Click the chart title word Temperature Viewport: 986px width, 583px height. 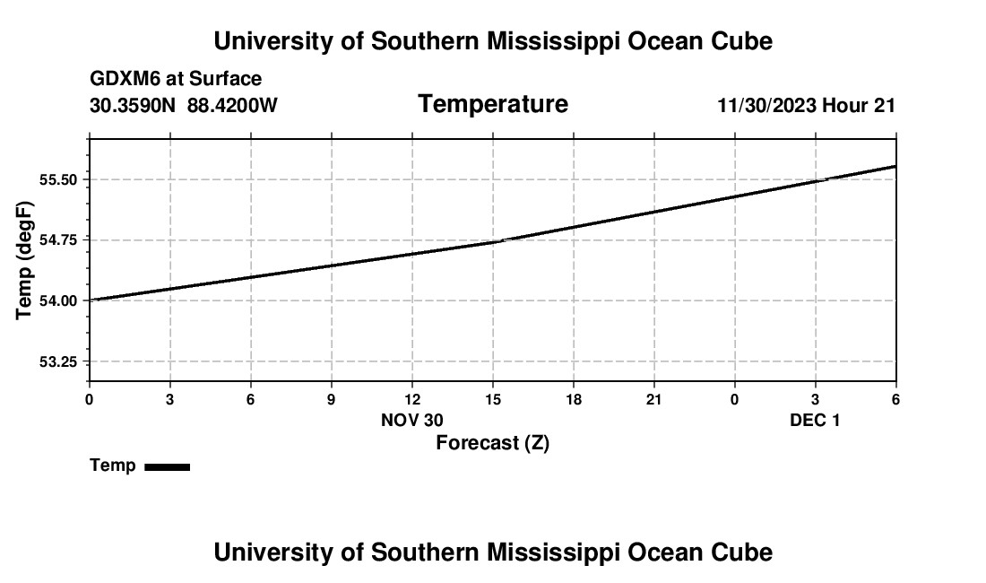(x=493, y=104)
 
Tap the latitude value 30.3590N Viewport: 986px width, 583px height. (x=134, y=105)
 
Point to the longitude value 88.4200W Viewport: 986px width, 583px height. (x=232, y=105)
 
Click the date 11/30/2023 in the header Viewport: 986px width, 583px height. (x=766, y=105)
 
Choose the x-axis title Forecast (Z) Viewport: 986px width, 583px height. (x=492, y=442)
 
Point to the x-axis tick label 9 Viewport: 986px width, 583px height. (x=331, y=399)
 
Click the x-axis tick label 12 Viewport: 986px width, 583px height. (x=411, y=399)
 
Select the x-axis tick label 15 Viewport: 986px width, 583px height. (x=492, y=399)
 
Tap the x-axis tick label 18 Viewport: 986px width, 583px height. (x=573, y=399)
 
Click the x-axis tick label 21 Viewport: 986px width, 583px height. (x=653, y=399)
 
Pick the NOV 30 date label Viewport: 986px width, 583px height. (x=412, y=420)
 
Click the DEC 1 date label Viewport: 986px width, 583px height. (x=815, y=420)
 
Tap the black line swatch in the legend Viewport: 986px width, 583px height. (x=167, y=466)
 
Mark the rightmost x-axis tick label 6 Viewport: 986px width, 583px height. (x=895, y=399)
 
